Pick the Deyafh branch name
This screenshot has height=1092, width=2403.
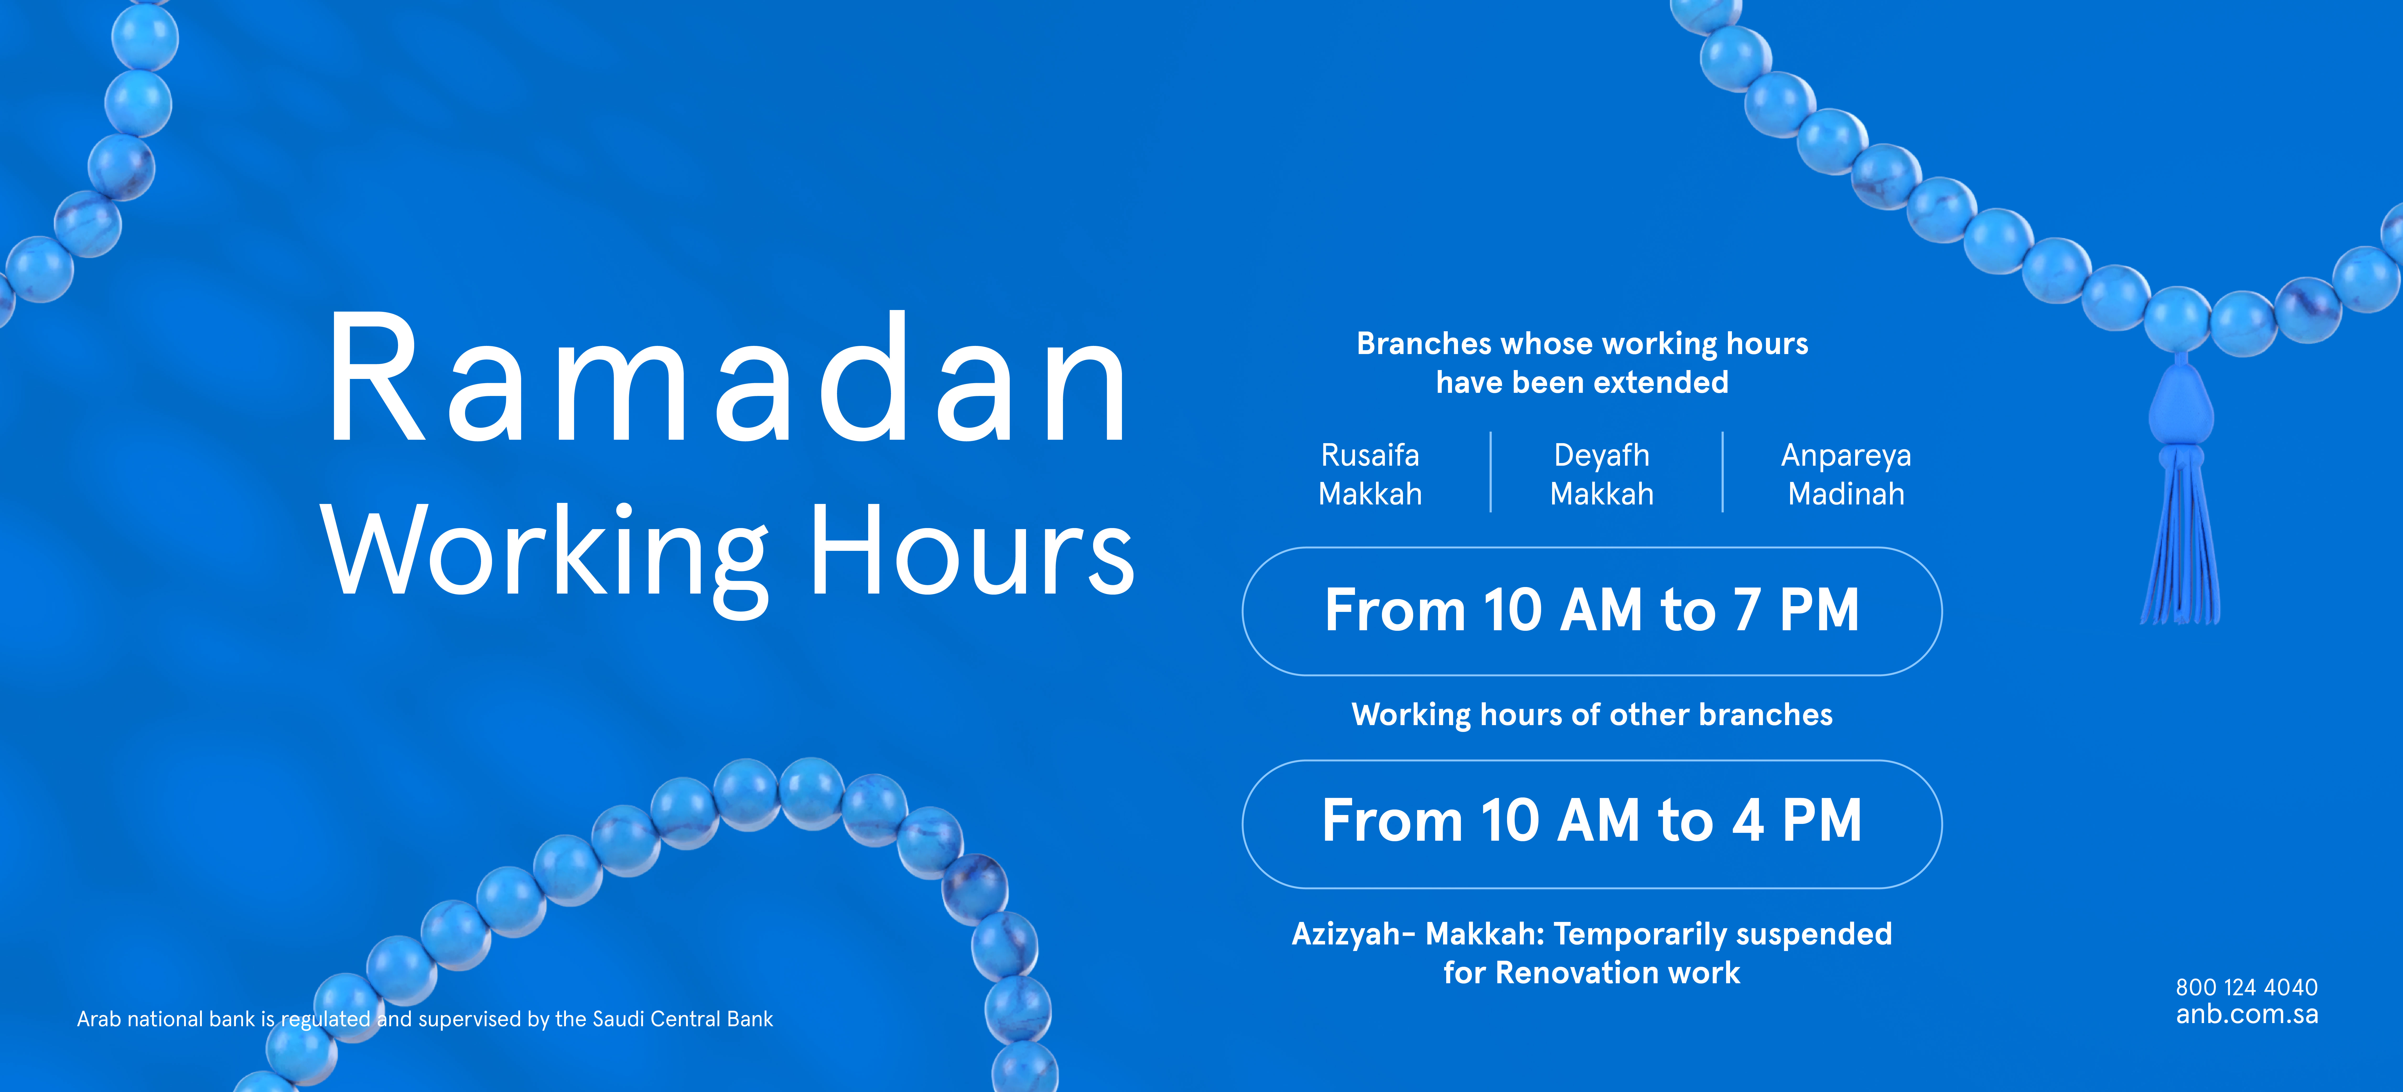[x=1602, y=456]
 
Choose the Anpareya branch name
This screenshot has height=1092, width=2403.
[x=1846, y=456]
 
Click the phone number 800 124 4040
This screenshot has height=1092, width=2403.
[x=2246, y=987]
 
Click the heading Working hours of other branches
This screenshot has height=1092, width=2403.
[x=1591, y=714]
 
